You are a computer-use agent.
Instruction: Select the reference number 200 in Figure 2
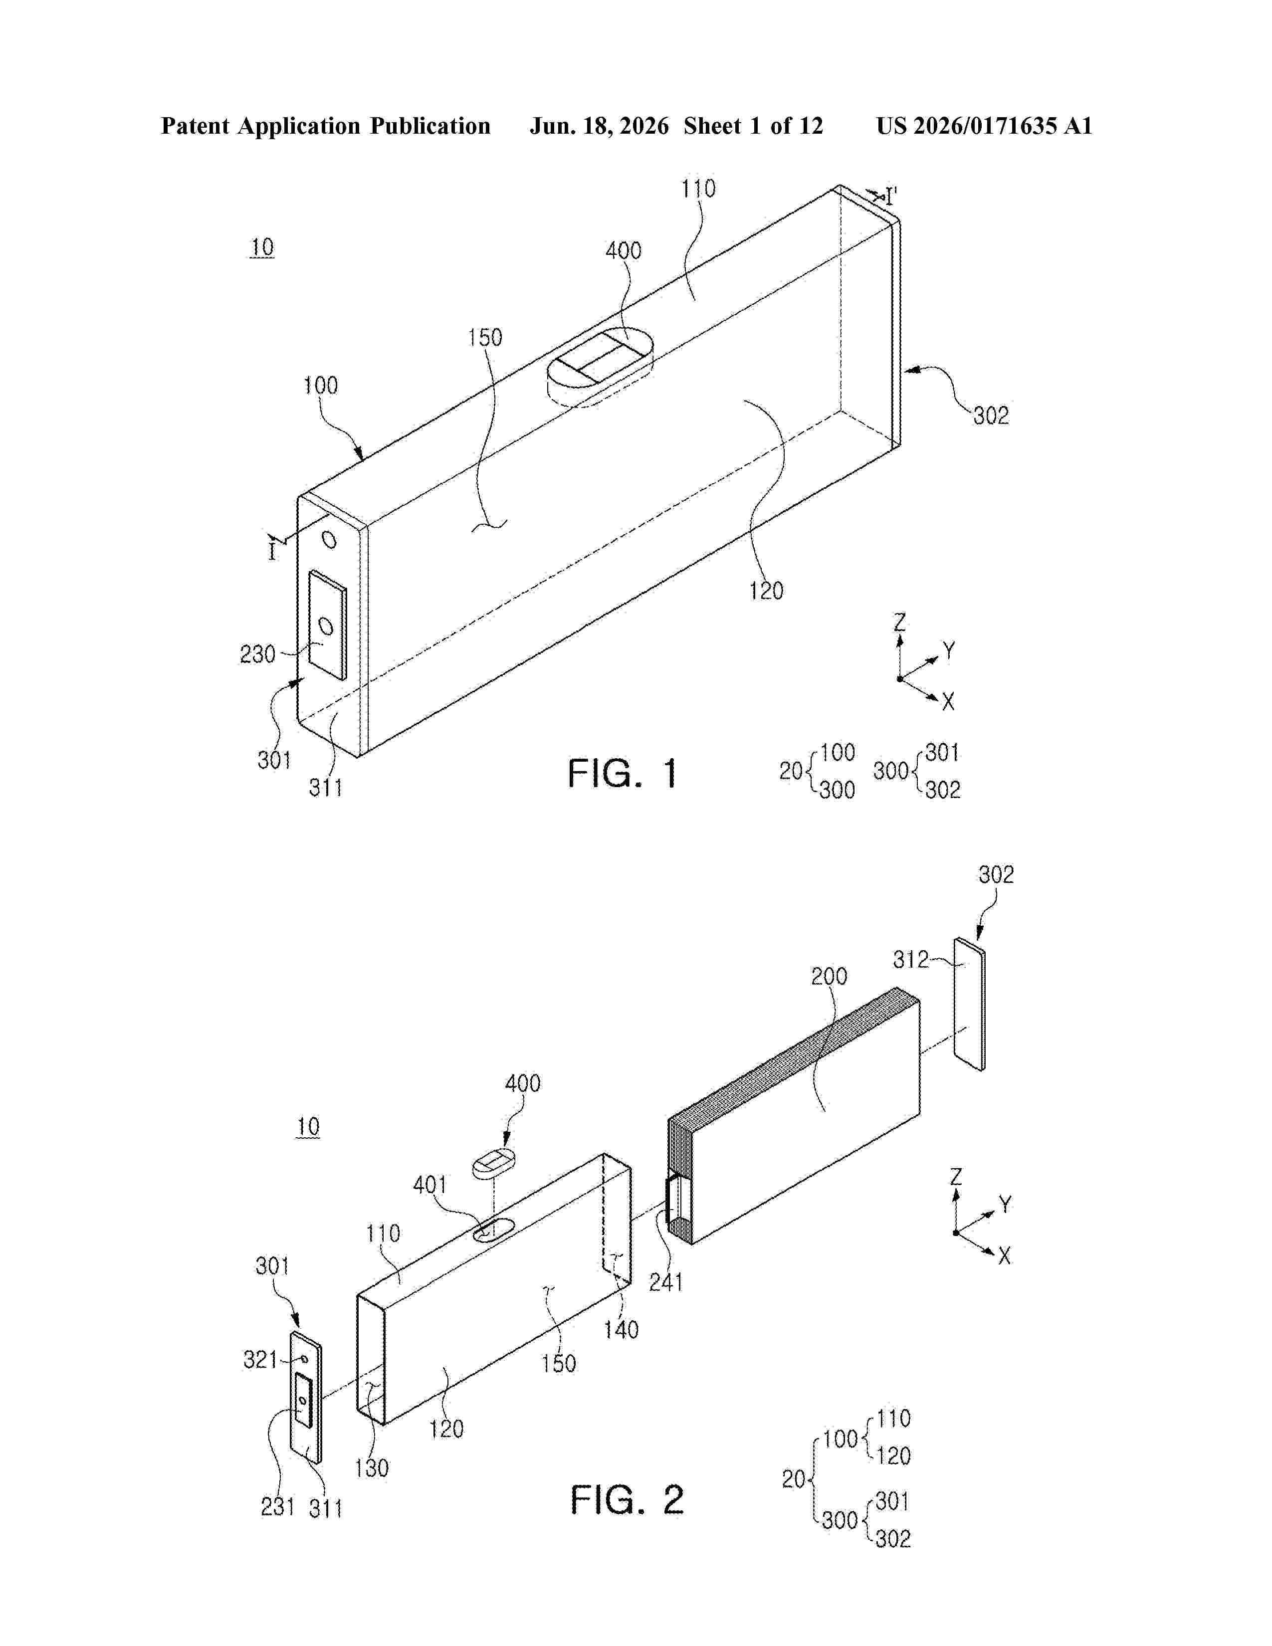[x=829, y=976]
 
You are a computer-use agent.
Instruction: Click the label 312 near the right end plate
[x=911, y=959]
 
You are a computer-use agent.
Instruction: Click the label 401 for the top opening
[x=430, y=1185]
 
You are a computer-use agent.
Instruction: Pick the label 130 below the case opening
[x=372, y=1467]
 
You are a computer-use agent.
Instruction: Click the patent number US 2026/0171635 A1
[x=984, y=126]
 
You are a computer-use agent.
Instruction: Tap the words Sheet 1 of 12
[x=754, y=126]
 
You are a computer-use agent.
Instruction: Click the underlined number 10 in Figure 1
[x=261, y=247]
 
